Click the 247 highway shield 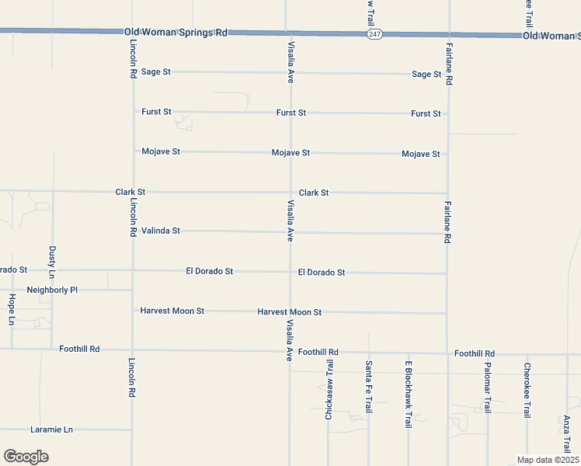(x=375, y=35)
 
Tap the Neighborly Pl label (x=53, y=290)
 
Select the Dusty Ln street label (x=52, y=263)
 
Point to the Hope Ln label (x=12, y=308)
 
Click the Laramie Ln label (x=51, y=429)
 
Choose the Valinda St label (x=161, y=231)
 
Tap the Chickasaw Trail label (x=329, y=391)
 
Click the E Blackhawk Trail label (x=408, y=395)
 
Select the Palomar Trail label (x=488, y=388)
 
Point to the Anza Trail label (x=566, y=434)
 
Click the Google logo (x=26, y=457)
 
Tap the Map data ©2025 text (x=548, y=460)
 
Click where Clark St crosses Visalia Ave (x=289, y=192)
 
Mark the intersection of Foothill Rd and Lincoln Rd (x=132, y=349)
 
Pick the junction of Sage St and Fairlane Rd (x=447, y=75)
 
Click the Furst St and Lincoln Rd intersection (x=132, y=112)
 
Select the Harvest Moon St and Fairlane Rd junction (x=447, y=313)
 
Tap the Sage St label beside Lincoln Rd (x=156, y=71)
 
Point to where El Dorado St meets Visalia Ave (x=289, y=272)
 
